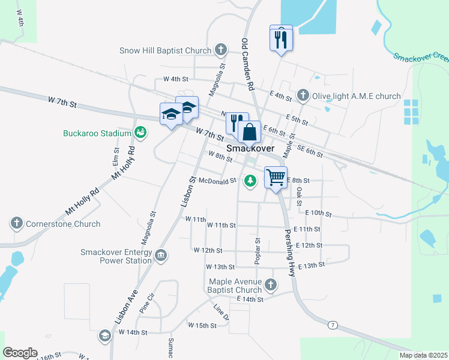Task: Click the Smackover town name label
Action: (x=250, y=148)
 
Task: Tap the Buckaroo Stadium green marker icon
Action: (x=141, y=132)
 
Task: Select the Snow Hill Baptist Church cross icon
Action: (x=221, y=50)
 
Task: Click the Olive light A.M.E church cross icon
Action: (x=303, y=96)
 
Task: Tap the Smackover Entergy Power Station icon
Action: (x=160, y=256)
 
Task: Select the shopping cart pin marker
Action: (x=276, y=178)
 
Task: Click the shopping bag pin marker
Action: (x=249, y=132)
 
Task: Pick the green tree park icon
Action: (x=250, y=180)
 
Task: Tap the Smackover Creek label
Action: (x=421, y=57)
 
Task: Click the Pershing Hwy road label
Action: (x=291, y=252)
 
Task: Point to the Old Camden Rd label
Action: (x=248, y=64)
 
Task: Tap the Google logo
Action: (x=20, y=353)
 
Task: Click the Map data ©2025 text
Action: (x=423, y=355)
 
